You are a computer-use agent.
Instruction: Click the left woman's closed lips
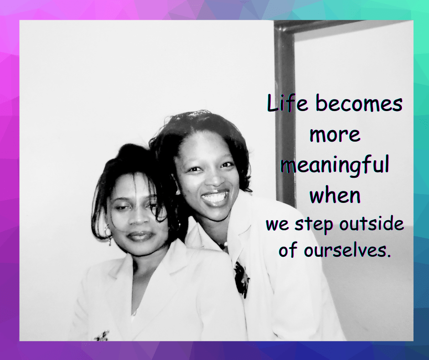tap(140, 235)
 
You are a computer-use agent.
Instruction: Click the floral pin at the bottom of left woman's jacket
tap(102, 336)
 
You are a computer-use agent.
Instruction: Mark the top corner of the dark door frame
tap(274, 21)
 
